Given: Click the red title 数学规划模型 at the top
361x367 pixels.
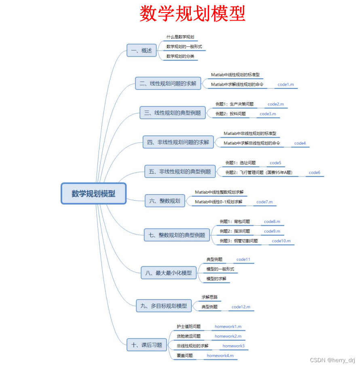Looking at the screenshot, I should tap(192, 13).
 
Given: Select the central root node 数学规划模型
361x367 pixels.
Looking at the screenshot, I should tap(93, 193).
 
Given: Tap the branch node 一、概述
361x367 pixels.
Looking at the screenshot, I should tap(141, 50).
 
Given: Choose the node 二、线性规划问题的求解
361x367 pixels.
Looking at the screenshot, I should tap(168, 84).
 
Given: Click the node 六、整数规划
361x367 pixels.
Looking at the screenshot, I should tap(165, 201).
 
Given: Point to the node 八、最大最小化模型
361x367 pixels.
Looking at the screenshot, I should tap(168, 273).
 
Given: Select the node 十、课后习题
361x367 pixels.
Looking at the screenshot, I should tap(147, 345).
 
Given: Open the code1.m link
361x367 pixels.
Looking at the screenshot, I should tap(285, 85).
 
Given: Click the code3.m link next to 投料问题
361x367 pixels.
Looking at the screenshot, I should tap(268, 114).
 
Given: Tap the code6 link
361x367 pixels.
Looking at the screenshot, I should tap(314, 173).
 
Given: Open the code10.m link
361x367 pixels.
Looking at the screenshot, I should tap(281, 241).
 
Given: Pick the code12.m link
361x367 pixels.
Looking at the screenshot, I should tap(241, 307).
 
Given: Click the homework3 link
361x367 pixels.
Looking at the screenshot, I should tap(233, 346).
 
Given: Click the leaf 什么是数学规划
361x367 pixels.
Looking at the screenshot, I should tap(181, 37).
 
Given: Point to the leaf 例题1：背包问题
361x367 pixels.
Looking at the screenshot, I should tap(234, 222).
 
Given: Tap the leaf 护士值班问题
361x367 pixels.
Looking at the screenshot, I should tap(188, 327).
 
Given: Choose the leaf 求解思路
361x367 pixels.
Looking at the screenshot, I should tap(209, 297).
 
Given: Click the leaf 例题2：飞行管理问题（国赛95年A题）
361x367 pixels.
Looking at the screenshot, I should tap(259, 173).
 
